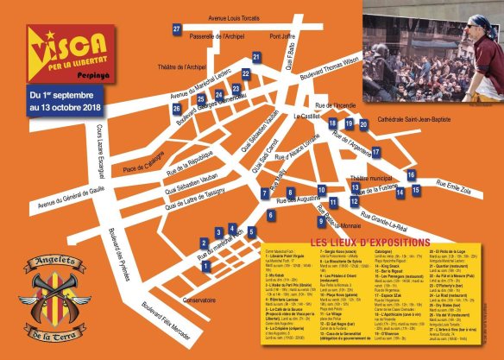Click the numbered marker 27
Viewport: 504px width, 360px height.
coord(177,29)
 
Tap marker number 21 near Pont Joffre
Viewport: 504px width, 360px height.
coord(256,57)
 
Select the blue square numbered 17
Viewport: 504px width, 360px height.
coord(375,152)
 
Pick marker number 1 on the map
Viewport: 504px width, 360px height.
coord(205,266)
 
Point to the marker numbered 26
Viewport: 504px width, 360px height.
coord(176,109)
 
